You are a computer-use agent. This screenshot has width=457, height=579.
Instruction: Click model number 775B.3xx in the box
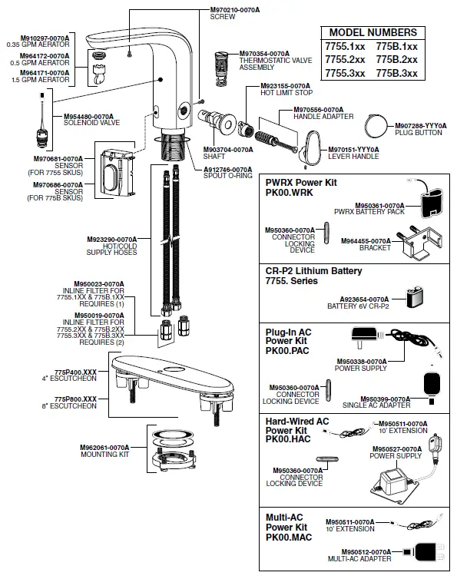(397, 73)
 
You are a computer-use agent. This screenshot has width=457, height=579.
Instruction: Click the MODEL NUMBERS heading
(373, 32)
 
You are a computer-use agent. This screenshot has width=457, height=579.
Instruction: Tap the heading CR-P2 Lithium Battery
(313, 271)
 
